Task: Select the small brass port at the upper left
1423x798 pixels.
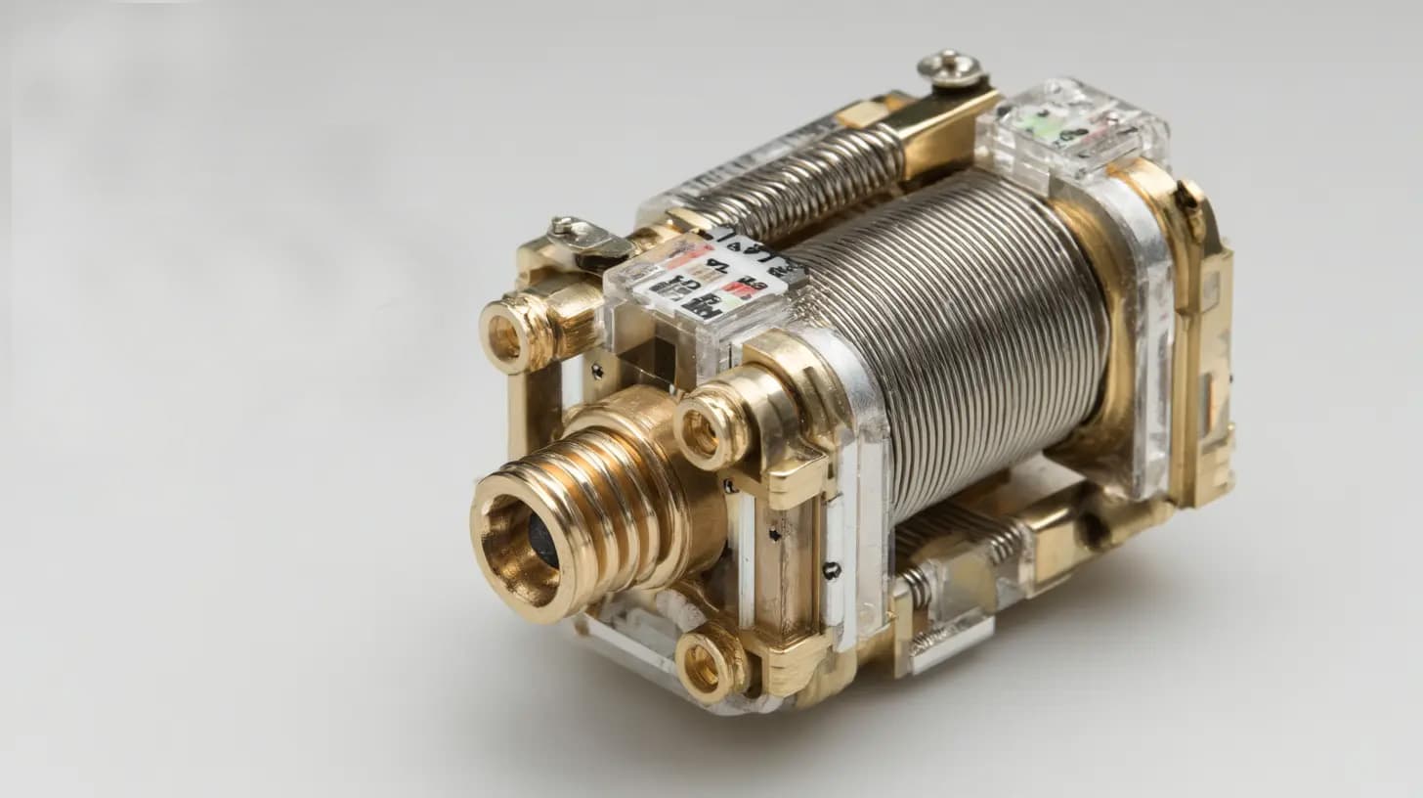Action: (506, 336)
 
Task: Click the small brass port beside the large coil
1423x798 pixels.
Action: (702, 430)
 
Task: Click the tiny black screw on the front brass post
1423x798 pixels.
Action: (832, 570)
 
